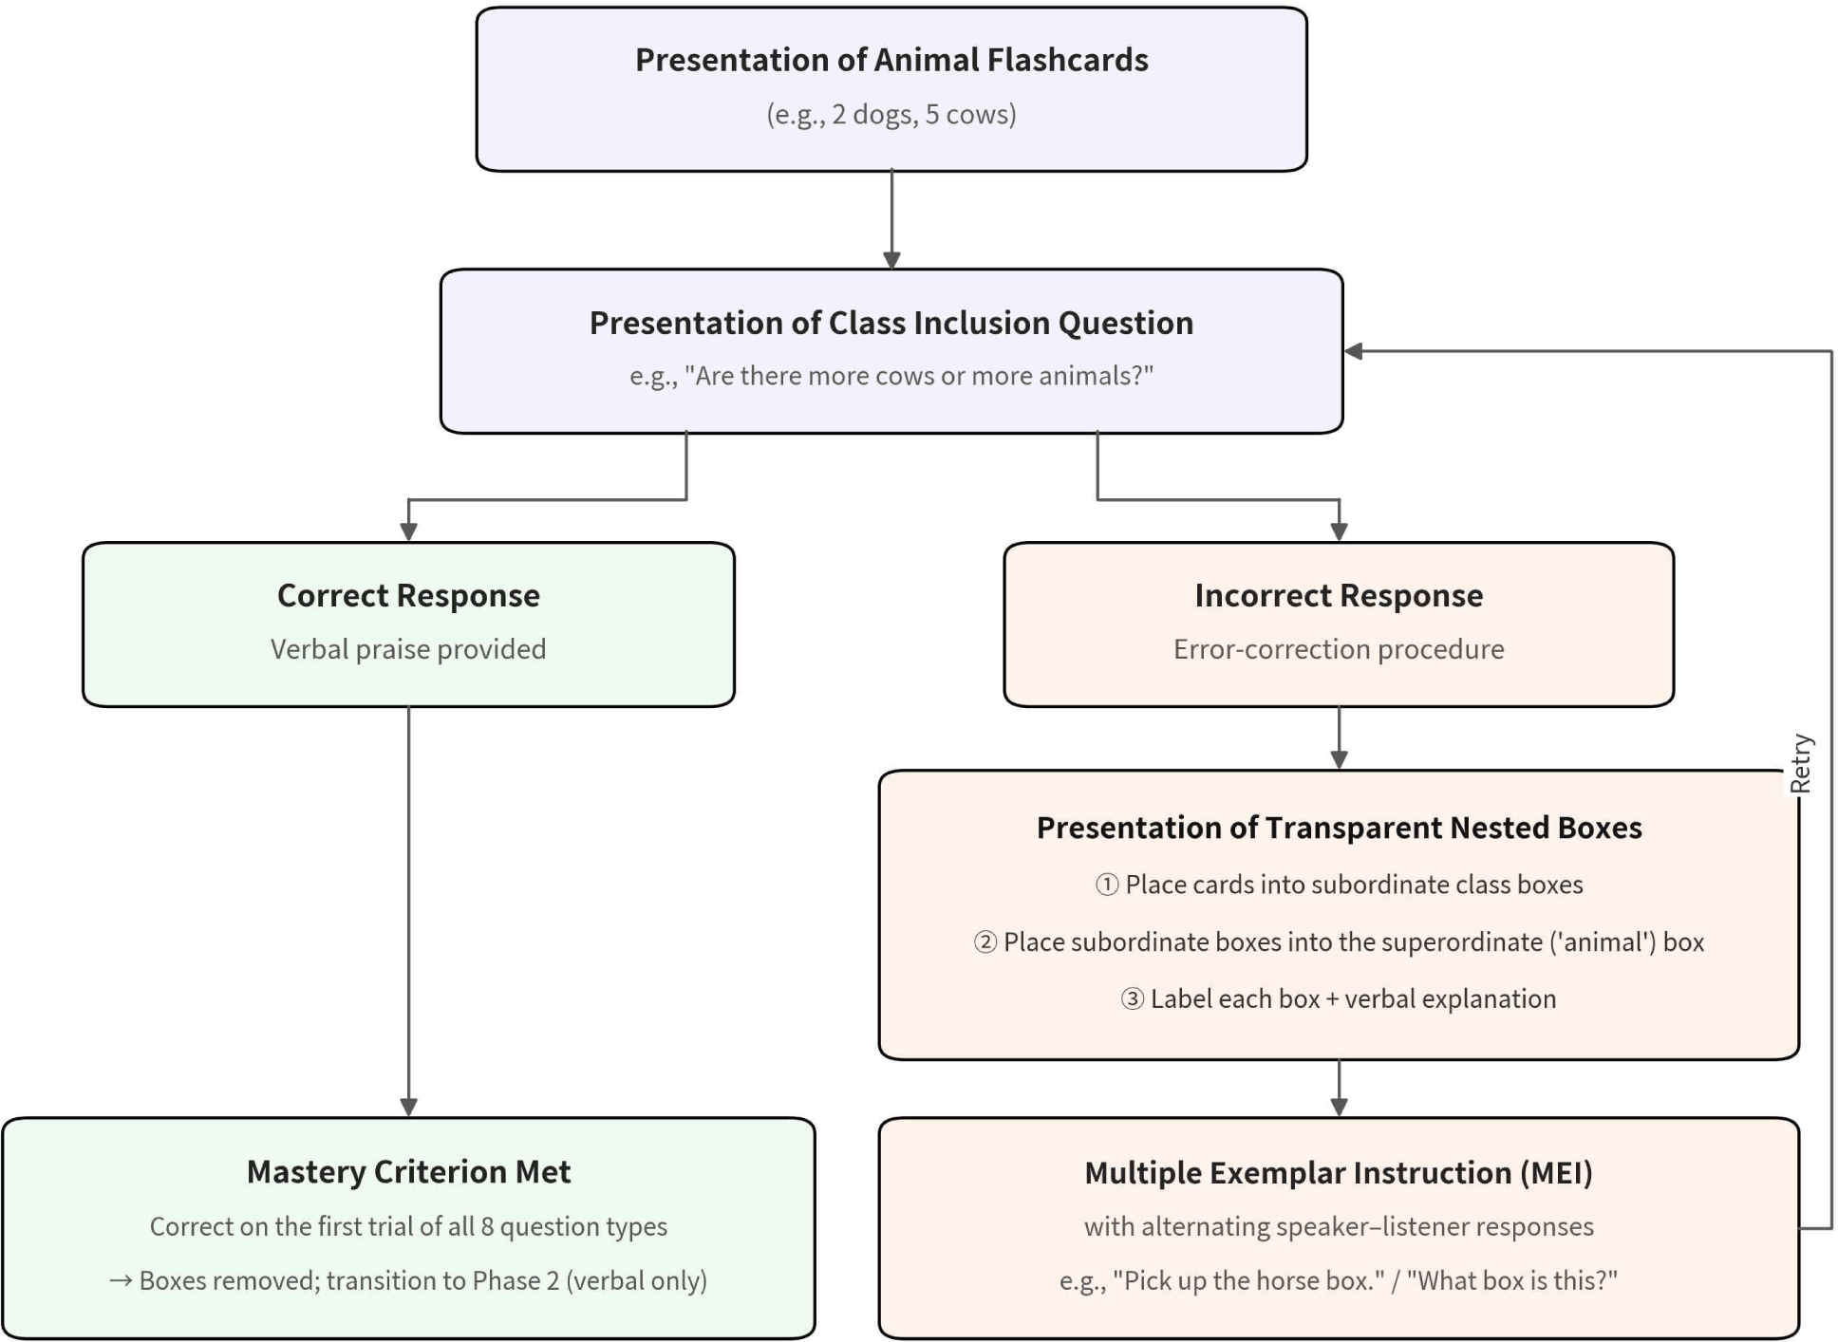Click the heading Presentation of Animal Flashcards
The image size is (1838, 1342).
pos(891,60)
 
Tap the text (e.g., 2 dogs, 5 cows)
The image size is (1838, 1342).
pos(891,114)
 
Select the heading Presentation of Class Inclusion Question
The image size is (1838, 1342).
pos(891,323)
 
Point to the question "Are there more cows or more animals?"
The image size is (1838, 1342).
pos(919,376)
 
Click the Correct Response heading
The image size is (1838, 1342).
pos(408,595)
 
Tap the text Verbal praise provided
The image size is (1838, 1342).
pos(408,649)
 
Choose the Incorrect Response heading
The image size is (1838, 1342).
pos(1339,595)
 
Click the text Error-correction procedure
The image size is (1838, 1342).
pos(1339,649)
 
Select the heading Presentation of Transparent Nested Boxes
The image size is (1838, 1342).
pos(1339,828)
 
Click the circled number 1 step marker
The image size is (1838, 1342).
pos(1107,885)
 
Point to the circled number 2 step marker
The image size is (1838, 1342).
pos(985,941)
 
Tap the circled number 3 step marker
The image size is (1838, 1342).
pos(1133,998)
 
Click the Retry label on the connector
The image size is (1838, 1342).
pos(1800,763)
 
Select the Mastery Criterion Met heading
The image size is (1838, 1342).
pos(408,1172)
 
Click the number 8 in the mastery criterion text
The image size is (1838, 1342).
pos(488,1226)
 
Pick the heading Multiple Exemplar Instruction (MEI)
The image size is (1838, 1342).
pos(1339,1173)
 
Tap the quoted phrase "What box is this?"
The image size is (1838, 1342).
pos(1512,1280)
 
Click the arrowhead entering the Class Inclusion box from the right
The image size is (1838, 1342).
pos(1353,351)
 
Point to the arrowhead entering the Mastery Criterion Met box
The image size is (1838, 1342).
pos(408,1108)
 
